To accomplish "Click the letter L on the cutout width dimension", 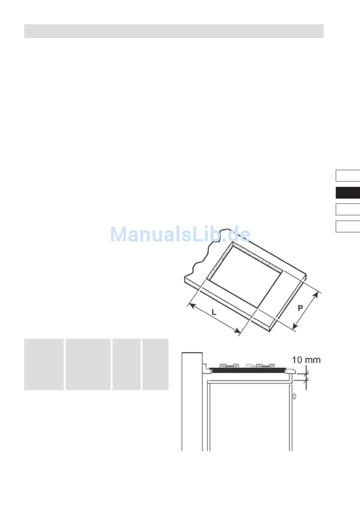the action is [214, 312].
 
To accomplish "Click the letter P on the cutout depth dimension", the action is [300, 308].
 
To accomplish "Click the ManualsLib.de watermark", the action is [180, 234].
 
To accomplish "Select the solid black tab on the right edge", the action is [348, 193].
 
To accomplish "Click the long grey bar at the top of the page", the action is [174, 31].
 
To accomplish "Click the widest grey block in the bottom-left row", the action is [88, 364].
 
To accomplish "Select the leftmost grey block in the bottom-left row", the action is [44, 364].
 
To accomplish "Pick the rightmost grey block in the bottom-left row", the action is [155, 364].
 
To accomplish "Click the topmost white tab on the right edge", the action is [348, 175].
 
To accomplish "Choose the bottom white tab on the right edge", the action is [348, 226].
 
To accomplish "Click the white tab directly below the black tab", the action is [348, 209].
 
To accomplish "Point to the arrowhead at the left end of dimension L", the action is [191, 305].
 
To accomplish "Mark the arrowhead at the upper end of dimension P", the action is [316, 296].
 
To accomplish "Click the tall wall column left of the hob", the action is [192, 402].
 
